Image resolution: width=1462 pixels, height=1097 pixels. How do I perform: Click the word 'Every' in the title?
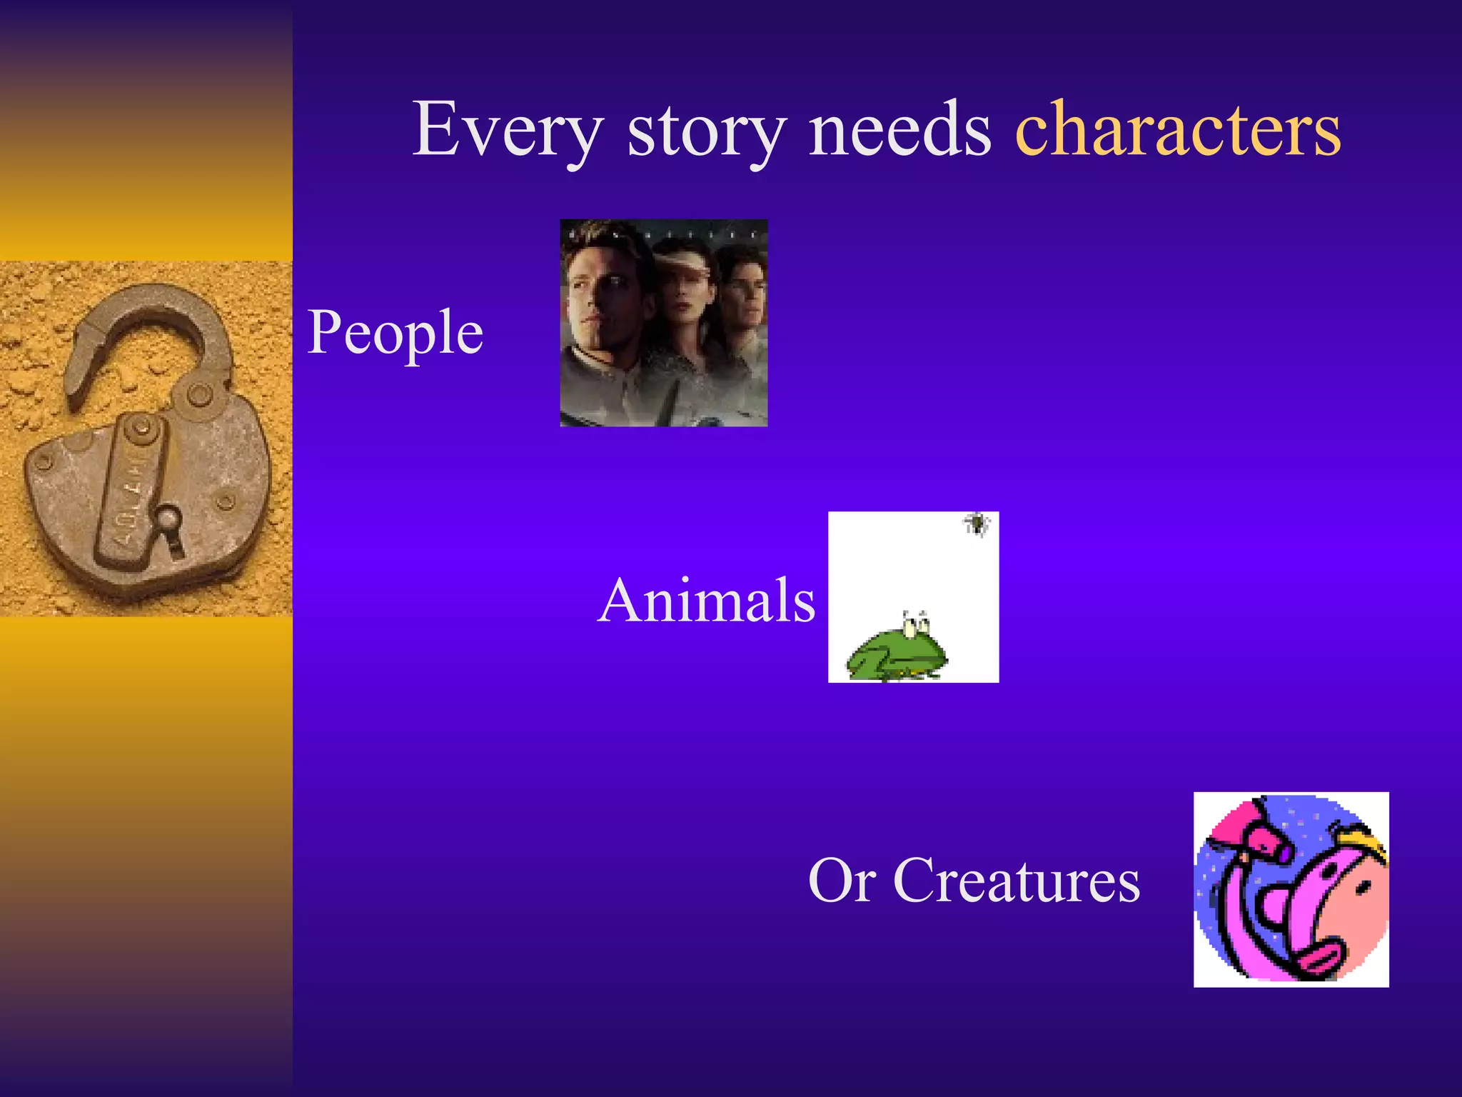coord(508,130)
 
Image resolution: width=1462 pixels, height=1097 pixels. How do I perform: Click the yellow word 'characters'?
coord(1178,129)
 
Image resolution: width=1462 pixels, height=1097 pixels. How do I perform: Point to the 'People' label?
coord(395,334)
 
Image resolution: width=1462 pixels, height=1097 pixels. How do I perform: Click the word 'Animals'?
coord(706,600)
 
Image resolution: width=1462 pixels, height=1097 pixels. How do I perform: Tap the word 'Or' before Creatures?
coord(842,881)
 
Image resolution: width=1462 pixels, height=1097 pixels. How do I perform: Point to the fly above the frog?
coord(976,524)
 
